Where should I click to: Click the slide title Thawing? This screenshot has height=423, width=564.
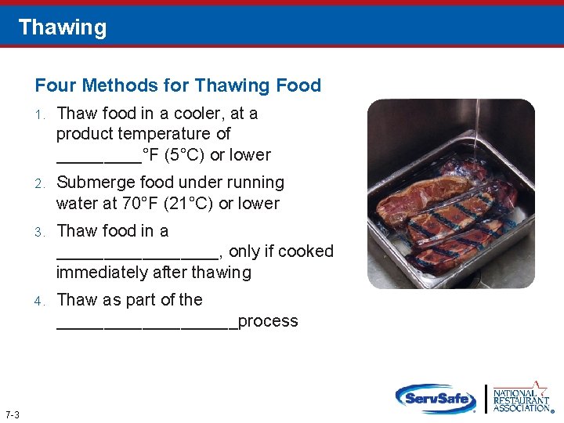(x=62, y=27)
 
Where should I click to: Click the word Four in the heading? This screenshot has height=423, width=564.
(x=53, y=85)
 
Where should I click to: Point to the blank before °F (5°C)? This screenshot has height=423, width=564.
(x=99, y=157)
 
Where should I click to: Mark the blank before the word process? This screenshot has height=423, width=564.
(x=146, y=323)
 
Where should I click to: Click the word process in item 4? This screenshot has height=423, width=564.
(x=268, y=321)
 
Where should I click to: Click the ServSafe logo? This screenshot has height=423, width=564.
(x=436, y=398)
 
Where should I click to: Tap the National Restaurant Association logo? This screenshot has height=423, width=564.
(x=520, y=397)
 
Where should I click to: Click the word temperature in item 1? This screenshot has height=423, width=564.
(x=179, y=134)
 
